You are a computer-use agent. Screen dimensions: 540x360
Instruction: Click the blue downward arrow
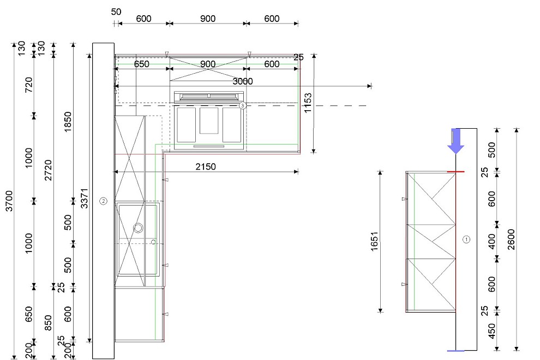455,141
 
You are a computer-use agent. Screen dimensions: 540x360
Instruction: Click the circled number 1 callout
466,239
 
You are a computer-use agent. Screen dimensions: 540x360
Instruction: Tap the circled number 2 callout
103,201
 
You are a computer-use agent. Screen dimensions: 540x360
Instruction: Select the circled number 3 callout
242,105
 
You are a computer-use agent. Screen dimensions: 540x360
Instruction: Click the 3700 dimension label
9,201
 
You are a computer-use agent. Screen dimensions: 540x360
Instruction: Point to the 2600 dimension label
511,239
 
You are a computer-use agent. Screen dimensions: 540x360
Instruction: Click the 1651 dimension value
375,242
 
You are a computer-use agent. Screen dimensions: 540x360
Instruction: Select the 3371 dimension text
85,199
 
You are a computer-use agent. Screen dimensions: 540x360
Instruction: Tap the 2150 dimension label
206,167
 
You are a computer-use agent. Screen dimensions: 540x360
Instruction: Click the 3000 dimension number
242,81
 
